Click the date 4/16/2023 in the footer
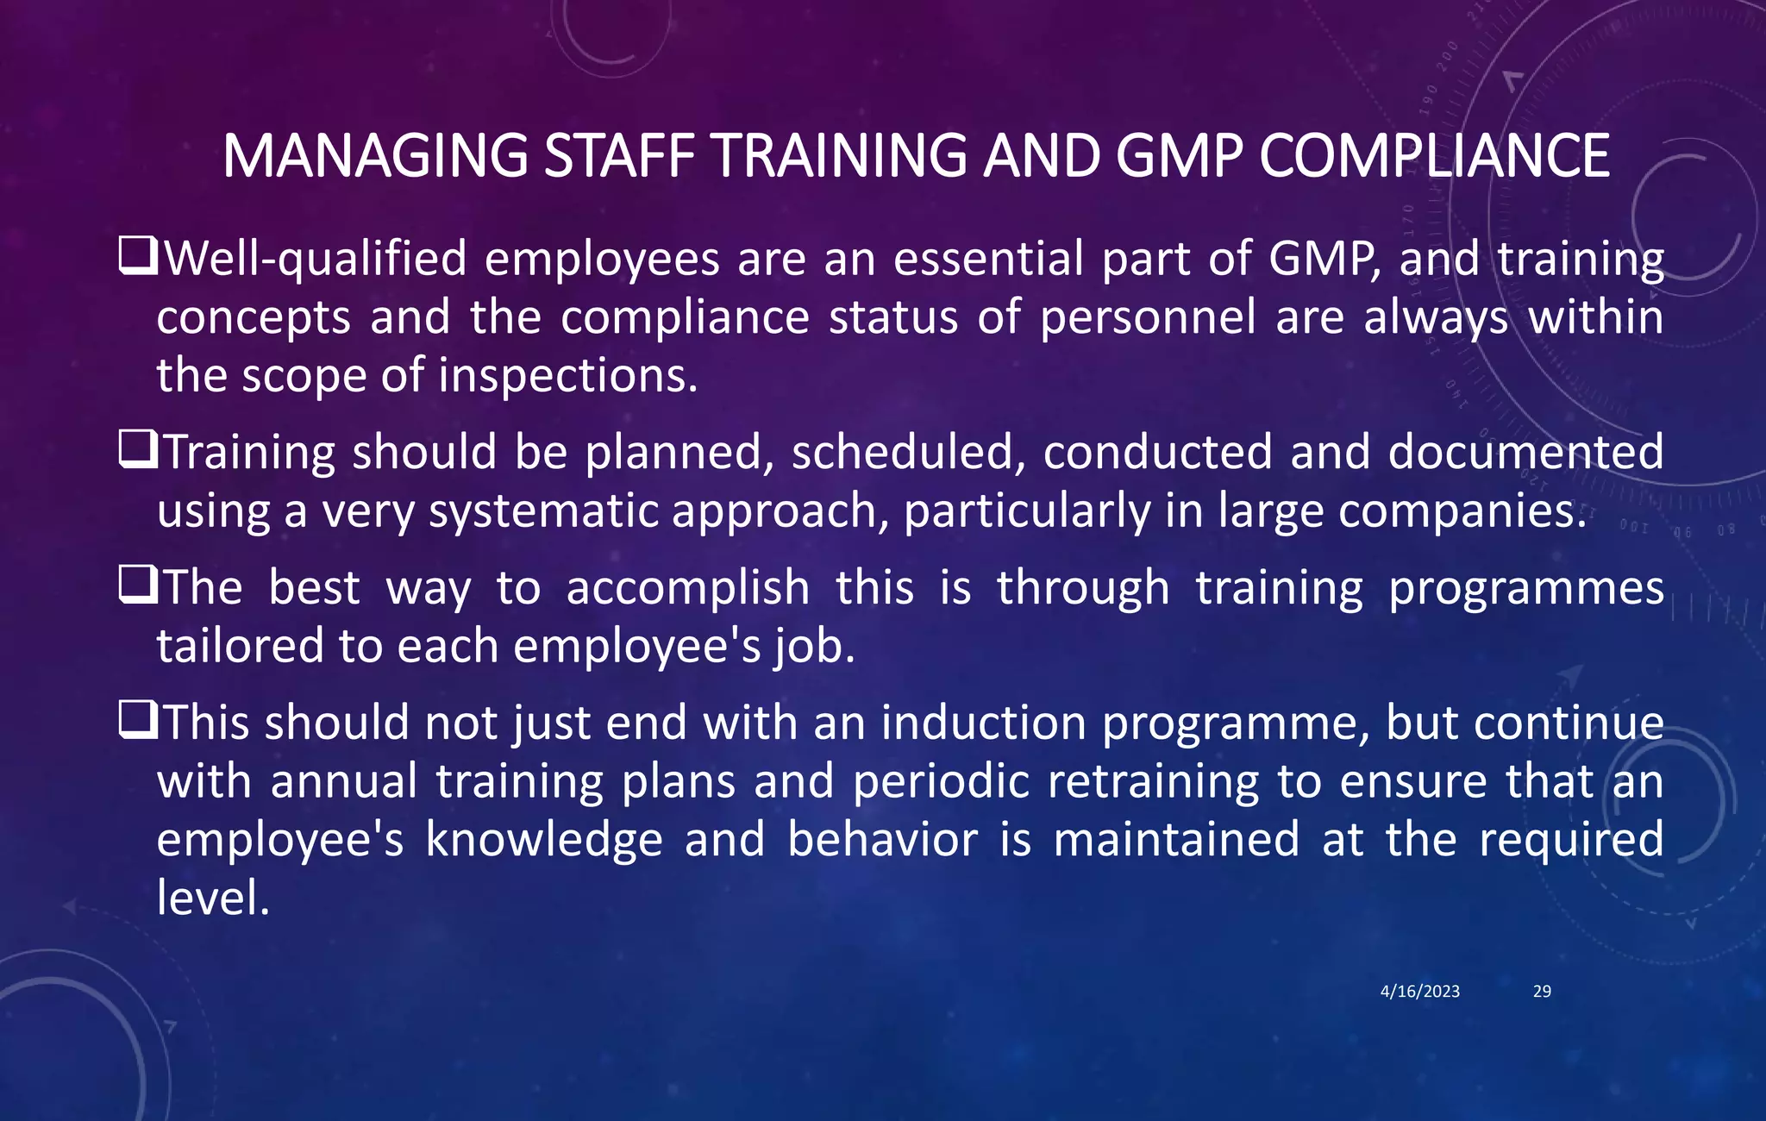click(x=1419, y=992)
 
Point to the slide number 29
click(x=1542, y=992)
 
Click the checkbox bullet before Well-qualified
click(x=137, y=257)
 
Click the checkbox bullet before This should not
click(x=137, y=721)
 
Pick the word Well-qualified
click(x=316, y=259)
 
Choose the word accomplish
click(x=688, y=588)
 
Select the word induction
click(x=983, y=723)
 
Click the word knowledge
click(x=544, y=841)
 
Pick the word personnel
click(x=1148, y=317)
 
